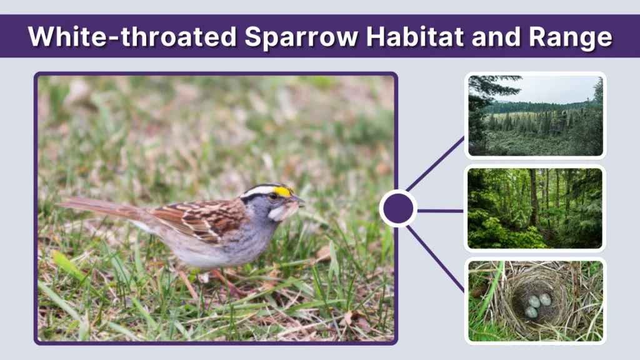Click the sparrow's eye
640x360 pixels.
pos(272,196)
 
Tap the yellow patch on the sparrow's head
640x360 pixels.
pos(283,191)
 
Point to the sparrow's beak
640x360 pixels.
pos(298,201)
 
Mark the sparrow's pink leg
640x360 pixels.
pos(222,281)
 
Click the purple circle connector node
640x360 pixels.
pos(398,209)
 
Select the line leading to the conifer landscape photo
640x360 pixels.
pos(436,164)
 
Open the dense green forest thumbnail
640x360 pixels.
pos(535,208)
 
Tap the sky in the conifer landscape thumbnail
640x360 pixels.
pos(550,87)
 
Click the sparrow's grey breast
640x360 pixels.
pos(250,241)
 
